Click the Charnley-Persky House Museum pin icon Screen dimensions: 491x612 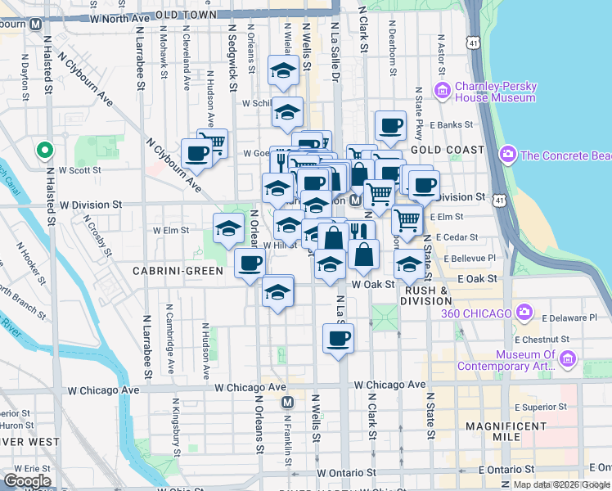click(x=443, y=89)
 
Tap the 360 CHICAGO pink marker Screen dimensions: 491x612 click(x=524, y=313)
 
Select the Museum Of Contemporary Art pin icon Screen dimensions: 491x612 click(x=566, y=358)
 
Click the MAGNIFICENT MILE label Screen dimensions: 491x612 click(x=504, y=431)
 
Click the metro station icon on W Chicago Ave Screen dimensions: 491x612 click(x=287, y=403)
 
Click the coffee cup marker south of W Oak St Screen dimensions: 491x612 click(x=338, y=337)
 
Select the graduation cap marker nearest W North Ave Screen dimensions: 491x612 click(x=282, y=70)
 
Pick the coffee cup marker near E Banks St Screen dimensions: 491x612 click(x=390, y=125)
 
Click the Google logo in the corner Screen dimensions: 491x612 click(x=27, y=481)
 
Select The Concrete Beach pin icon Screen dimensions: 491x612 click(x=508, y=155)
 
